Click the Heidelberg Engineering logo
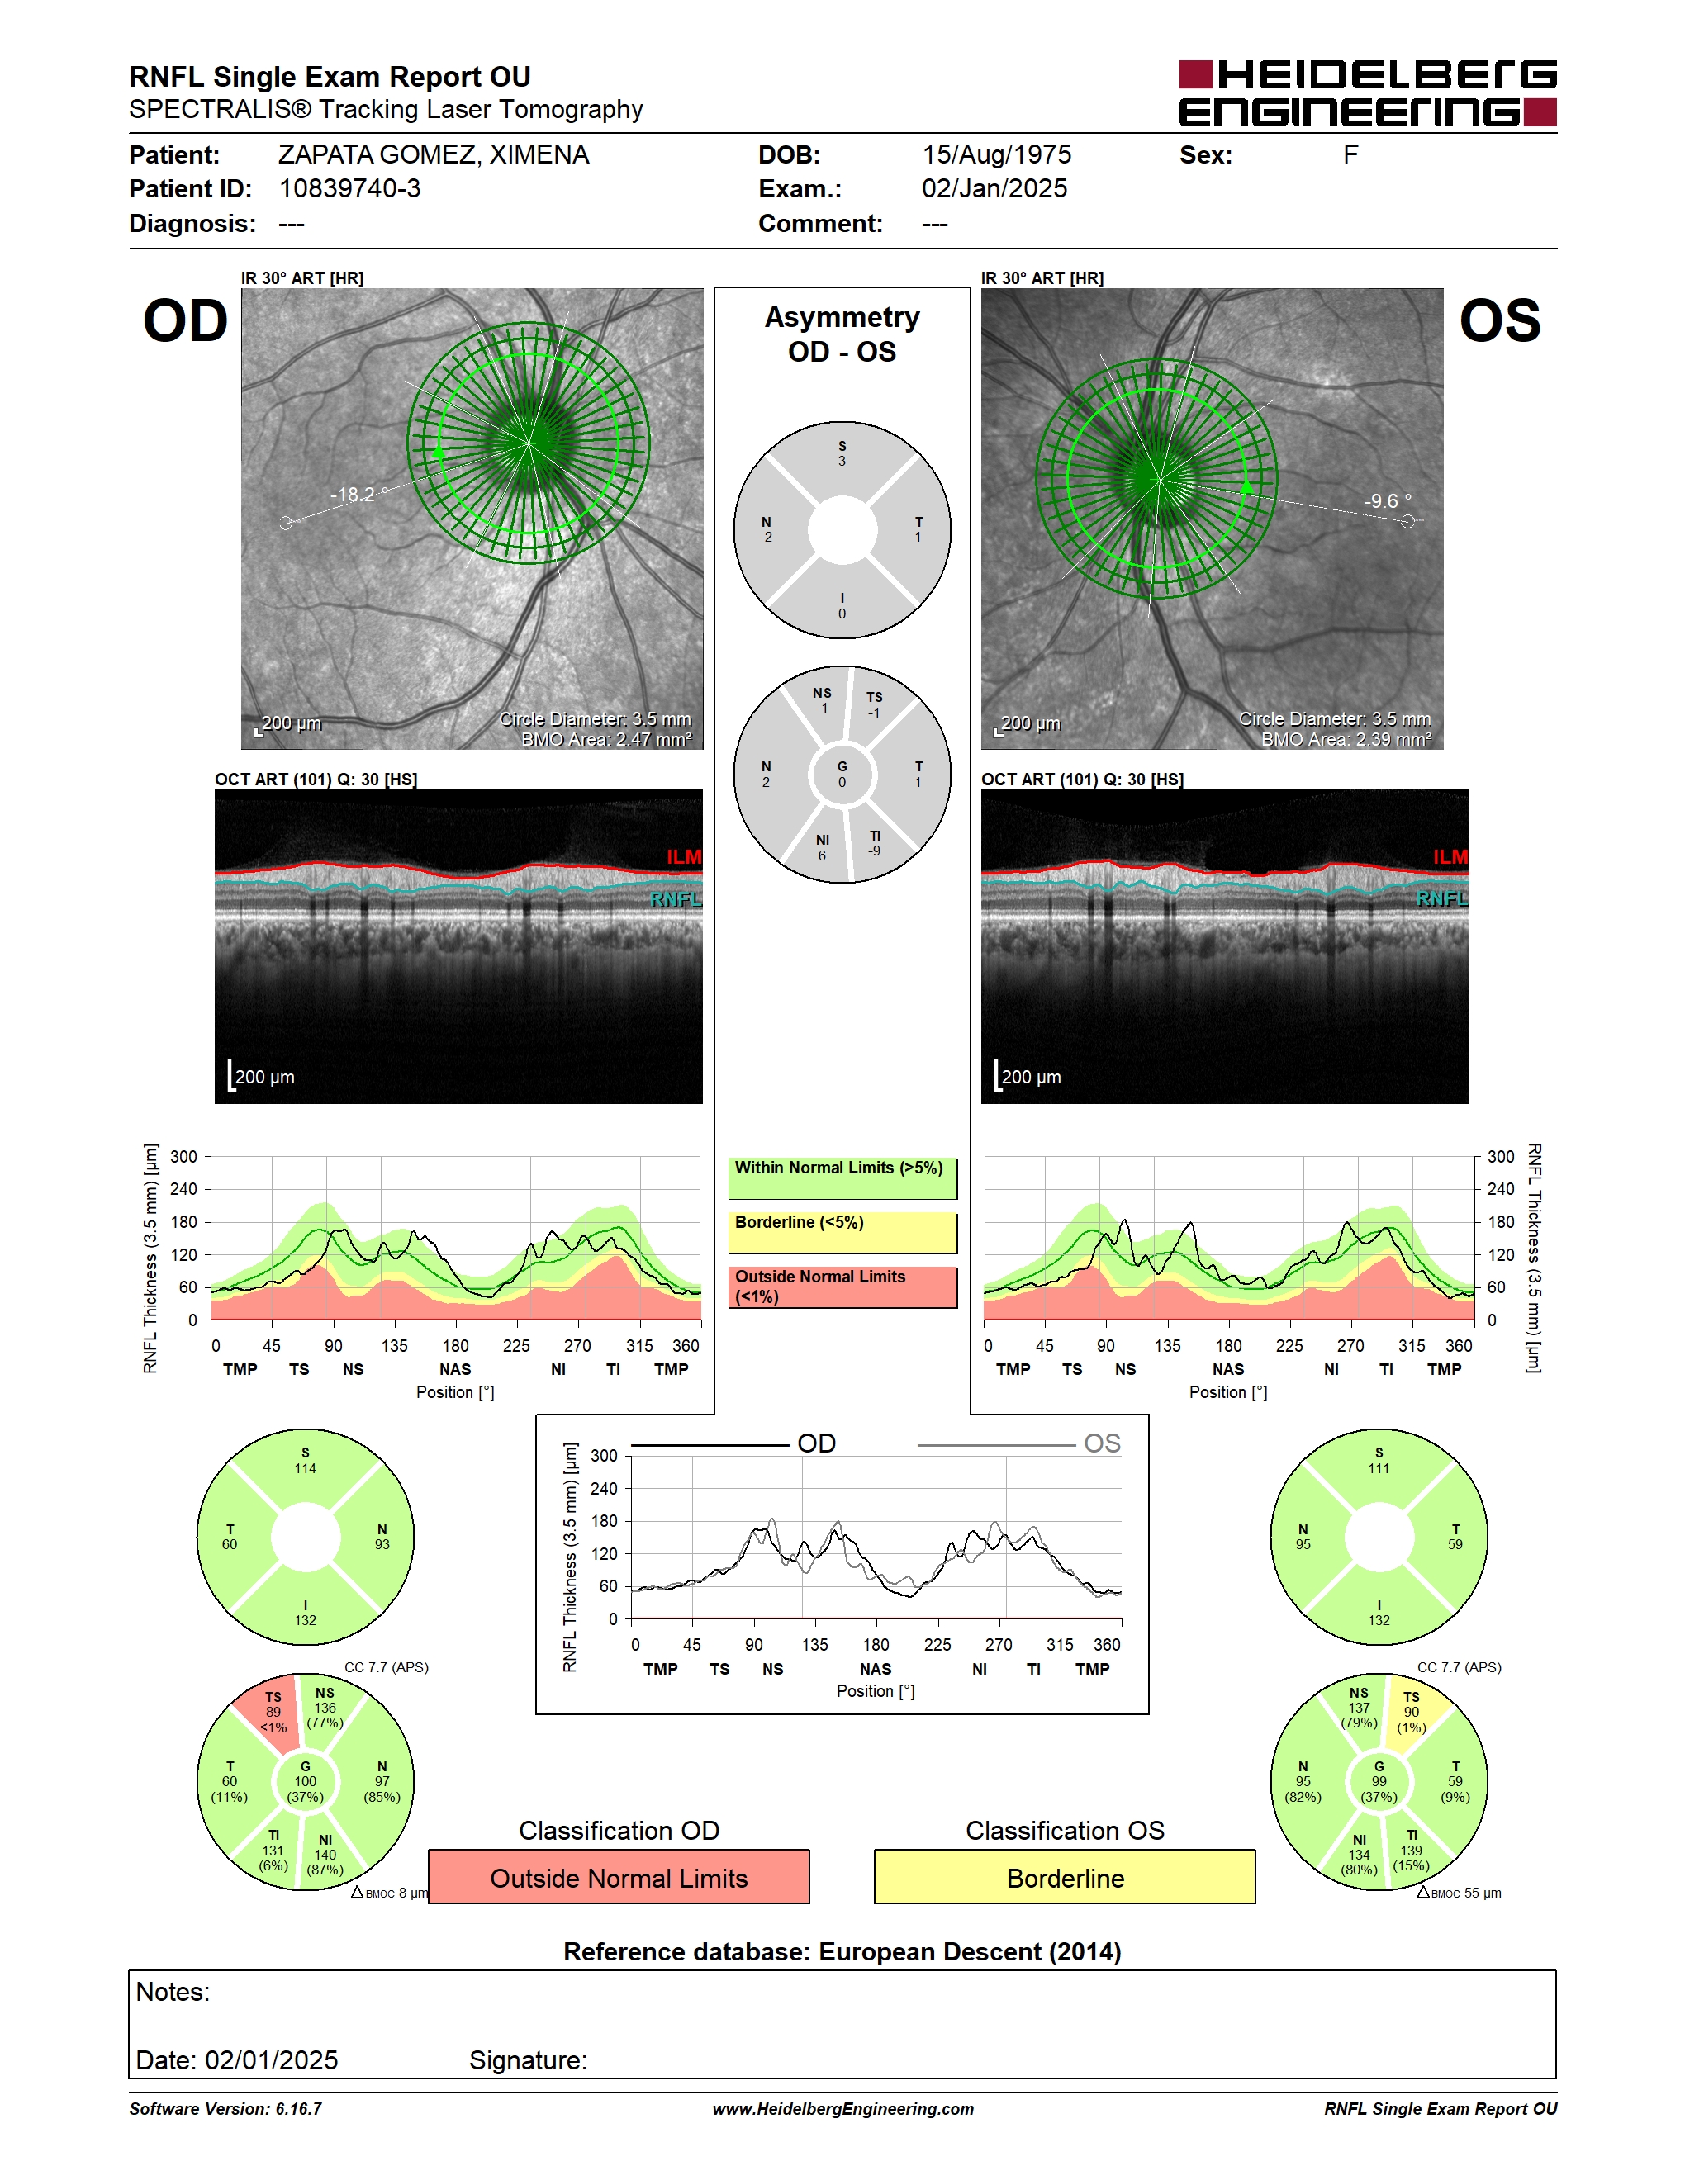(x=1368, y=92)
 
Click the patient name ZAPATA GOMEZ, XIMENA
(x=434, y=154)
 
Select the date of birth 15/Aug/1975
(x=996, y=154)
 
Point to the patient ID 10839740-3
(x=349, y=188)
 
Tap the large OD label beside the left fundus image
(x=186, y=321)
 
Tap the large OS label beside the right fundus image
(x=1499, y=321)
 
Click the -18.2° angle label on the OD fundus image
(x=355, y=494)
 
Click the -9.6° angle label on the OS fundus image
(x=1388, y=501)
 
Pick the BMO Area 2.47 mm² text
(x=606, y=740)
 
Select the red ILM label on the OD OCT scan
(x=684, y=856)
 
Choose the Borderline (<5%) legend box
(x=842, y=1233)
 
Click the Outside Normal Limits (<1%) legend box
(x=842, y=1287)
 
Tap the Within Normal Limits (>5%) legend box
(x=842, y=1178)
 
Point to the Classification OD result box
(x=619, y=1877)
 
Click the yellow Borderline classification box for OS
(x=1066, y=1877)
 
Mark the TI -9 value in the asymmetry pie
(x=875, y=843)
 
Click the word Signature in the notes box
(x=528, y=2060)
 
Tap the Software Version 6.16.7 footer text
(x=225, y=2109)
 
